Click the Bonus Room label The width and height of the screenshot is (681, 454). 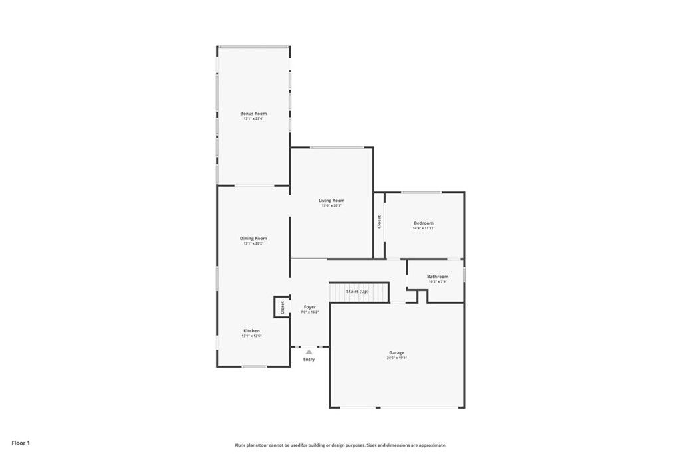pos(253,114)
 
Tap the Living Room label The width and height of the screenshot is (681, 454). pos(331,200)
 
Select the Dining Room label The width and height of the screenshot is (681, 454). pos(253,238)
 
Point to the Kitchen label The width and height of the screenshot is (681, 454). pos(251,330)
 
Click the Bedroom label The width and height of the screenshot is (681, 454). pos(424,223)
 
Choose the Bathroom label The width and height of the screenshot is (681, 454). pos(438,276)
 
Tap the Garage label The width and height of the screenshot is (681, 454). pos(397,352)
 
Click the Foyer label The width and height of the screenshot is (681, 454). pos(310,307)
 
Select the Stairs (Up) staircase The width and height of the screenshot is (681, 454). pos(358,292)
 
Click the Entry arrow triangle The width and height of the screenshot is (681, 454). pos(309,352)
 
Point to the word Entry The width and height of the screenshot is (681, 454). pos(309,360)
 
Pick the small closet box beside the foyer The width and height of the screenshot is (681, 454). pos(282,307)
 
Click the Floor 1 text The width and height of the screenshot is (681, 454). pos(21,443)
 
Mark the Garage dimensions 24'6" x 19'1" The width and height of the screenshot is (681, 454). pos(397,358)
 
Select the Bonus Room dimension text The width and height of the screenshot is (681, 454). pos(253,119)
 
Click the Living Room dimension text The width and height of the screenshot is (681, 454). pos(331,205)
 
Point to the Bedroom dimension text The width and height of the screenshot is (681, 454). pos(424,228)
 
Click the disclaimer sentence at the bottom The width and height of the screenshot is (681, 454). pos(340,445)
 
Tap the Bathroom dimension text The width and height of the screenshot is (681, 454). pos(438,281)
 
